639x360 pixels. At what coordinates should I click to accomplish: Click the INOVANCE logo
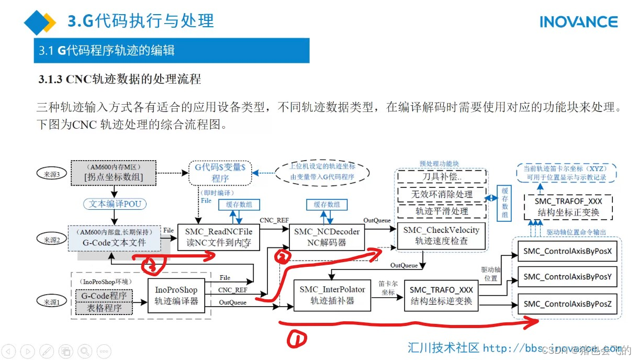[x=578, y=22]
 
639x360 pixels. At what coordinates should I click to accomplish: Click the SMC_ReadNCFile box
[x=219, y=237]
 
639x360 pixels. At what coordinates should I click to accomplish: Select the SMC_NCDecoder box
[x=327, y=237]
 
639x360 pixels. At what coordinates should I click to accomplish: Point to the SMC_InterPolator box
[x=332, y=295]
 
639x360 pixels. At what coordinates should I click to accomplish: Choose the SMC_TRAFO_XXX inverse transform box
[x=441, y=295]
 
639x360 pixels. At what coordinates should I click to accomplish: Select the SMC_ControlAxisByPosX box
[x=567, y=251]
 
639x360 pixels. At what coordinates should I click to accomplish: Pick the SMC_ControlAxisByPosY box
[x=567, y=277]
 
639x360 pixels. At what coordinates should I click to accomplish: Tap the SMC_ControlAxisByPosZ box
[x=567, y=303]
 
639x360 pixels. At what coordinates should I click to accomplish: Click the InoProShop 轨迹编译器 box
[x=176, y=295]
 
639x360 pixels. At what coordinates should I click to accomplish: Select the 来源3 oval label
[x=52, y=174]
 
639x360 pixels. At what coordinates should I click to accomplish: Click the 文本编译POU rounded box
[x=115, y=204]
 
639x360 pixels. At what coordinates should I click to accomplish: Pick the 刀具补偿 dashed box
[x=441, y=177]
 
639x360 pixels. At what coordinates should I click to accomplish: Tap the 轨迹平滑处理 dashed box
[x=441, y=211]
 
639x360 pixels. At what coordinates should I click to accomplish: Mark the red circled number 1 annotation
[x=297, y=340]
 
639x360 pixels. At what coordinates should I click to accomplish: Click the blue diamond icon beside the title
[x=39, y=22]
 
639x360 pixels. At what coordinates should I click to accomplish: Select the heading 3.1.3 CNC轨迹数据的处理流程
[x=119, y=80]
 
